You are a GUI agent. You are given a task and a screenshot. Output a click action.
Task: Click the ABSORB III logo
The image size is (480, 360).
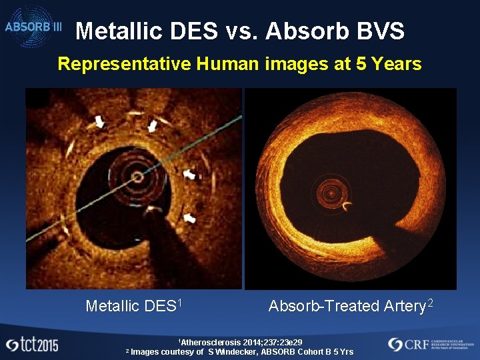pos(33,27)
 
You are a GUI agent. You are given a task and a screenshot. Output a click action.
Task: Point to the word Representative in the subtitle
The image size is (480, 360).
pos(125,65)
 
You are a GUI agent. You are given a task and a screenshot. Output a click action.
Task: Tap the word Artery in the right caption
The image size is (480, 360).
pos(404,306)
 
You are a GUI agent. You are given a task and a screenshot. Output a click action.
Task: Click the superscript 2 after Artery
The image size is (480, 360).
pos(431,303)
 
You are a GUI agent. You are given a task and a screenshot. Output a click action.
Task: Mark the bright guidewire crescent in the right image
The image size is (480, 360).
pos(348,207)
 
